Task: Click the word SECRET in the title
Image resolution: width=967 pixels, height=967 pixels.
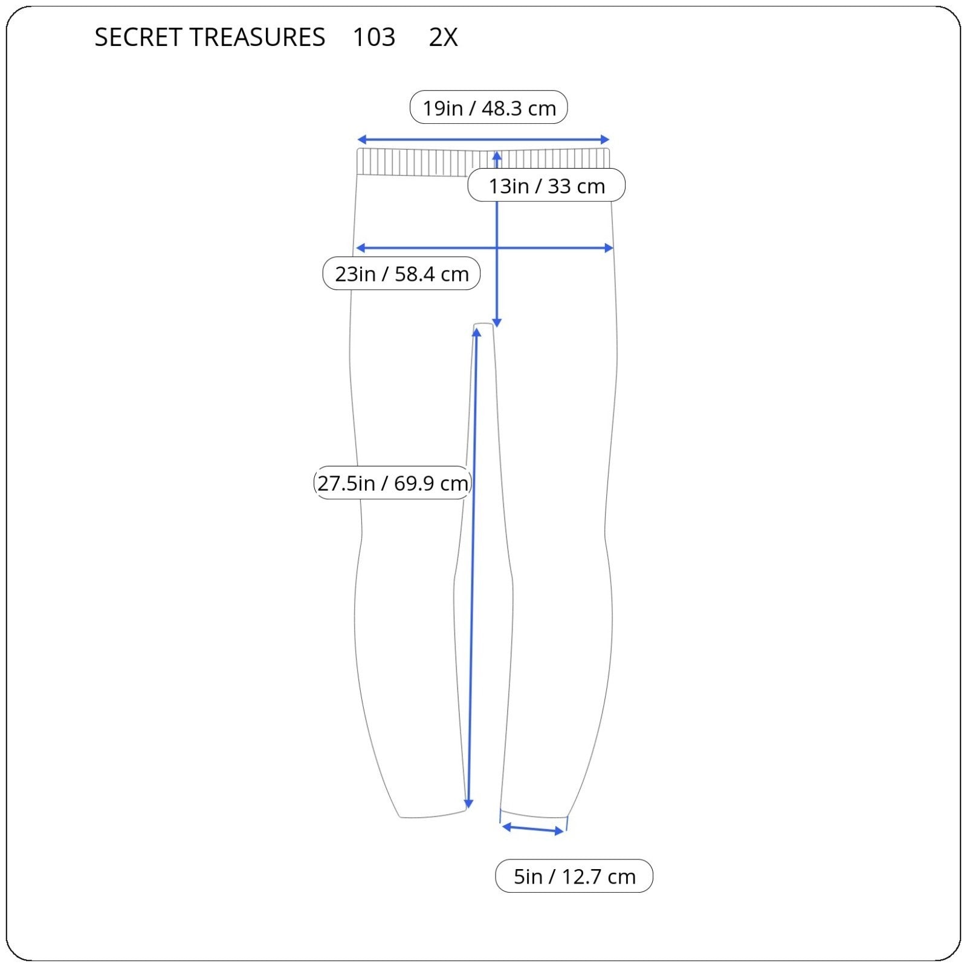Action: (x=138, y=37)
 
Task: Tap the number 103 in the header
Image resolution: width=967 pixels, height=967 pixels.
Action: (x=374, y=37)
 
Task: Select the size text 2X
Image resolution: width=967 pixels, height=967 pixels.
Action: (x=444, y=37)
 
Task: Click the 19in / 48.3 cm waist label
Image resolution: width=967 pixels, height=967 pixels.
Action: (x=489, y=108)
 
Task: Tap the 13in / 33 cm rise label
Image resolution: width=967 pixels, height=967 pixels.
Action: (x=546, y=186)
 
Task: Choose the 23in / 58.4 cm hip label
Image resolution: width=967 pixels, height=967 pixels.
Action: (x=401, y=273)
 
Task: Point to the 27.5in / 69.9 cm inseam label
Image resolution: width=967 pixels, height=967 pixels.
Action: (x=392, y=483)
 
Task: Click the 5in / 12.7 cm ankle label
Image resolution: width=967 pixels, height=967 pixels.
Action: (x=574, y=876)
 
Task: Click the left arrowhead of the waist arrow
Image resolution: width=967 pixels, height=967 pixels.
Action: (x=361, y=140)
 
